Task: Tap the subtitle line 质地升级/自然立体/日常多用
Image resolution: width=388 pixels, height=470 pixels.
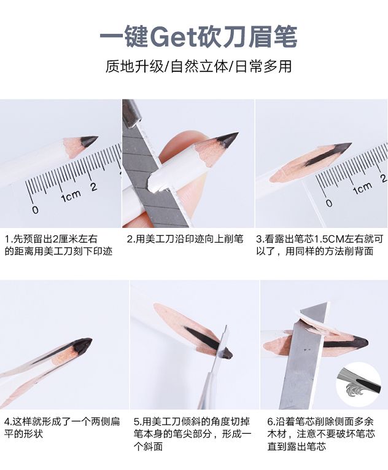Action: (x=198, y=66)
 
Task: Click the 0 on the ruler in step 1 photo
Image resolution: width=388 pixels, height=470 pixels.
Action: (x=36, y=210)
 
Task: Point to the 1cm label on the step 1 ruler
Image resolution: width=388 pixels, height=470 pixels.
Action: (x=71, y=196)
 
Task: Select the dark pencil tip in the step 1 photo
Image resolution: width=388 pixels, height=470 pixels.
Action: (x=89, y=141)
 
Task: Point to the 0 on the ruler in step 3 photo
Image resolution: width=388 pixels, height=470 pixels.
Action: (x=329, y=203)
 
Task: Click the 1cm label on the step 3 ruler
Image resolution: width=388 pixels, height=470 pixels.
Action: (x=362, y=188)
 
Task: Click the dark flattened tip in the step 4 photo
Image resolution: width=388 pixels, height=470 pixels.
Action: (x=82, y=346)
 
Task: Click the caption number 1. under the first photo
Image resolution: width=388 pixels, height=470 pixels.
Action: (x=8, y=239)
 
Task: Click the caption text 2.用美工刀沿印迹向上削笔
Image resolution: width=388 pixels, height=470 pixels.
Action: (x=185, y=239)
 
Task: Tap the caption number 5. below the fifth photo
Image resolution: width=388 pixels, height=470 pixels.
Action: (x=138, y=421)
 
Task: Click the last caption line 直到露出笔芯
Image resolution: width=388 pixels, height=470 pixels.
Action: (x=297, y=447)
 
